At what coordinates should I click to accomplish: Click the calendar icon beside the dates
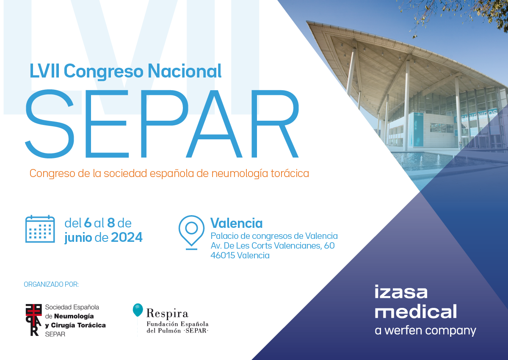coord(40,229)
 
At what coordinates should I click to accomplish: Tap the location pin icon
coord(191,232)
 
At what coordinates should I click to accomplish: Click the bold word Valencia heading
coord(236,223)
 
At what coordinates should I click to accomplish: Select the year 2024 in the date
coord(127,238)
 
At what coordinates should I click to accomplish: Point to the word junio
coord(78,238)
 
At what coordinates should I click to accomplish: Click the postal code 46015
coord(223,255)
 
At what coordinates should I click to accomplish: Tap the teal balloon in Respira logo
coord(138,310)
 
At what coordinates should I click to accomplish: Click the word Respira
coord(167,314)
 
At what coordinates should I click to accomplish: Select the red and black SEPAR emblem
coord(33,320)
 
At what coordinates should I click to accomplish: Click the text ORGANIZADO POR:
coord(51,285)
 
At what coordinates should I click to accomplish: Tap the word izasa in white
coord(401,292)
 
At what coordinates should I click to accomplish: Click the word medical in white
coord(416,311)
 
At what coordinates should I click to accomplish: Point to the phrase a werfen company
coord(425,331)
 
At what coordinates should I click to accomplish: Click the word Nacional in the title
coord(185,71)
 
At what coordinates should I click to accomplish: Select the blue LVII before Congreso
coord(44,71)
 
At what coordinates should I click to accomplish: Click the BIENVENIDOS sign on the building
coord(476,116)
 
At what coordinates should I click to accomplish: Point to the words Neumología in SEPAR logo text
coord(74,316)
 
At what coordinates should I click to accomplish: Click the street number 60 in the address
coord(329,246)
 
